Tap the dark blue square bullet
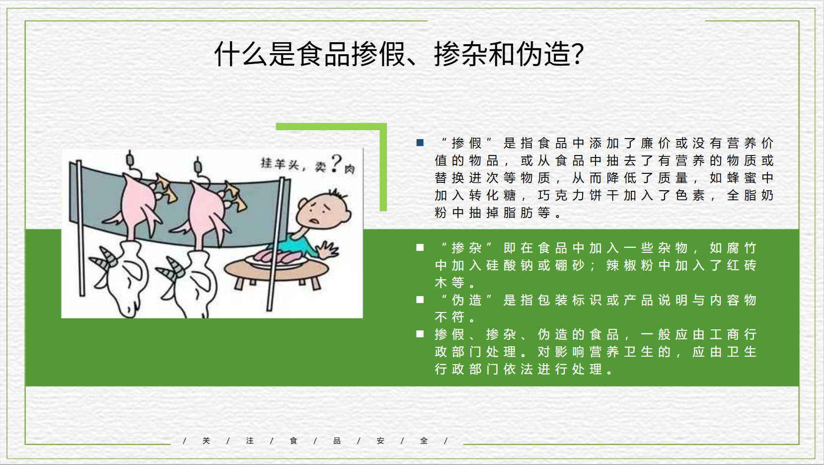[420, 143]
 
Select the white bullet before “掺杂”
[420, 247]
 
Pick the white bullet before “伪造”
[420, 300]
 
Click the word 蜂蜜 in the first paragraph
[742, 178]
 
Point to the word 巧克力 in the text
[561, 195]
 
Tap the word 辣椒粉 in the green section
[630, 265]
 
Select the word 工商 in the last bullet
[724, 334]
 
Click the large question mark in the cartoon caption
[336, 164]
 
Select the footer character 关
[206, 440]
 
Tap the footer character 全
[424, 440]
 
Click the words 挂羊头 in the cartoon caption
[279, 164]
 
